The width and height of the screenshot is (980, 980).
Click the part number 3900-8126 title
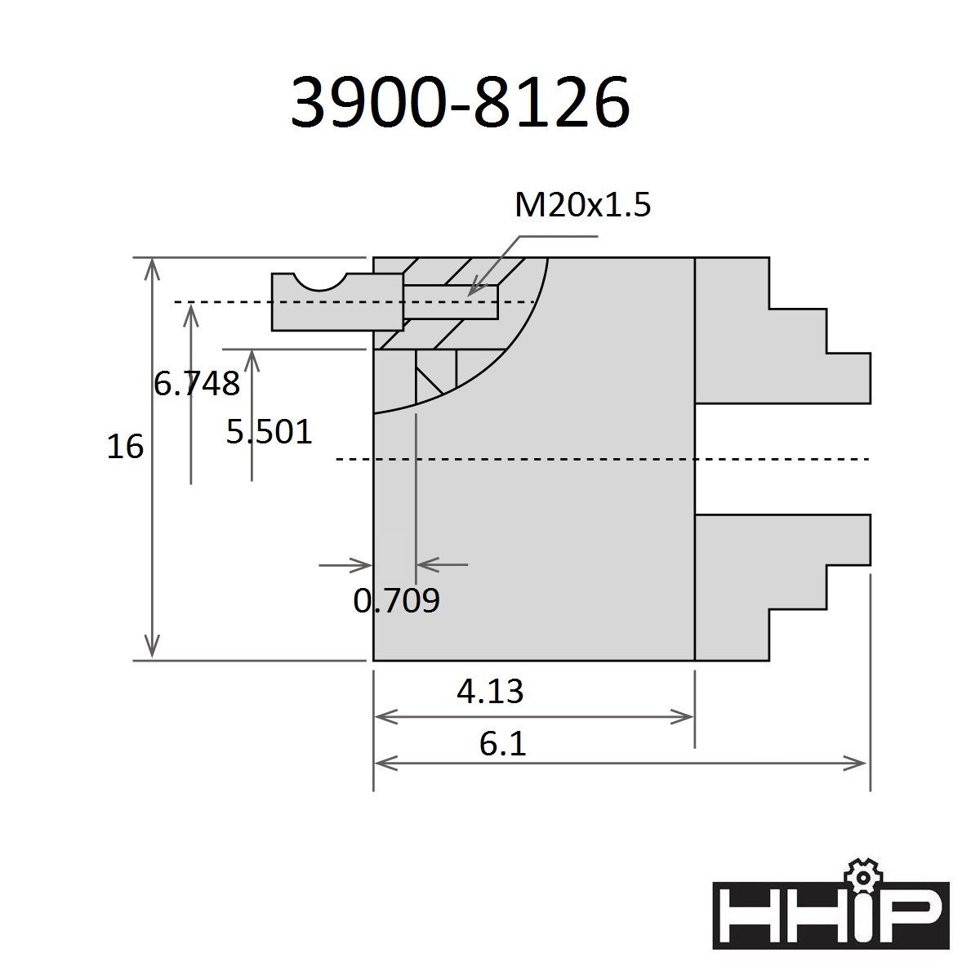coord(460,102)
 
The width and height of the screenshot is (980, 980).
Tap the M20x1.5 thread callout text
coord(582,204)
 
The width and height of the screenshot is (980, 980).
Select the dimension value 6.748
coord(196,384)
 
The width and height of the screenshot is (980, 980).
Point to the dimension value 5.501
coord(269,432)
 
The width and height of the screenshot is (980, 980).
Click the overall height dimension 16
coord(125,447)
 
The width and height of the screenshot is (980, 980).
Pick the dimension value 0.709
coord(396,600)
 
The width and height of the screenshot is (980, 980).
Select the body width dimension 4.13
coord(490,691)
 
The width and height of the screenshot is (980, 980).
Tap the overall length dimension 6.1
coord(502,744)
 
